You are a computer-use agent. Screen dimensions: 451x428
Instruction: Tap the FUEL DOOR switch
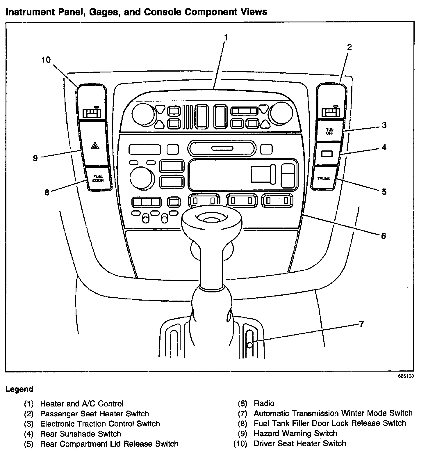click(x=98, y=178)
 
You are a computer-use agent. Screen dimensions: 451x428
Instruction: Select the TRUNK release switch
click(x=324, y=179)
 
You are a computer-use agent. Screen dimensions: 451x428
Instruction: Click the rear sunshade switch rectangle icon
click(x=327, y=153)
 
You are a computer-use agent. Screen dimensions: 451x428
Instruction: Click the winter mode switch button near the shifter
click(x=249, y=345)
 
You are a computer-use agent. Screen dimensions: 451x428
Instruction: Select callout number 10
click(x=46, y=60)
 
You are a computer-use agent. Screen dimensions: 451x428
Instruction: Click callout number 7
click(x=361, y=324)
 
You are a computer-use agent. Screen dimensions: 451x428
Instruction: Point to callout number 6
click(x=383, y=235)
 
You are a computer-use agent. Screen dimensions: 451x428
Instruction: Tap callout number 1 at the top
click(x=226, y=38)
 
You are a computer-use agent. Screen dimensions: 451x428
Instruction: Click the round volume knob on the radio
click(x=142, y=177)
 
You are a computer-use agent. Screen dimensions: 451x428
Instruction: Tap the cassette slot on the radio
click(x=222, y=148)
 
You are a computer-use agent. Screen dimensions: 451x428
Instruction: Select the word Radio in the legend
click(x=264, y=403)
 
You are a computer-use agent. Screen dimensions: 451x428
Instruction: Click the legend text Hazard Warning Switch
click(x=295, y=433)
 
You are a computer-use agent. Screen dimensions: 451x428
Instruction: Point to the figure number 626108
click(x=406, y=376)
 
